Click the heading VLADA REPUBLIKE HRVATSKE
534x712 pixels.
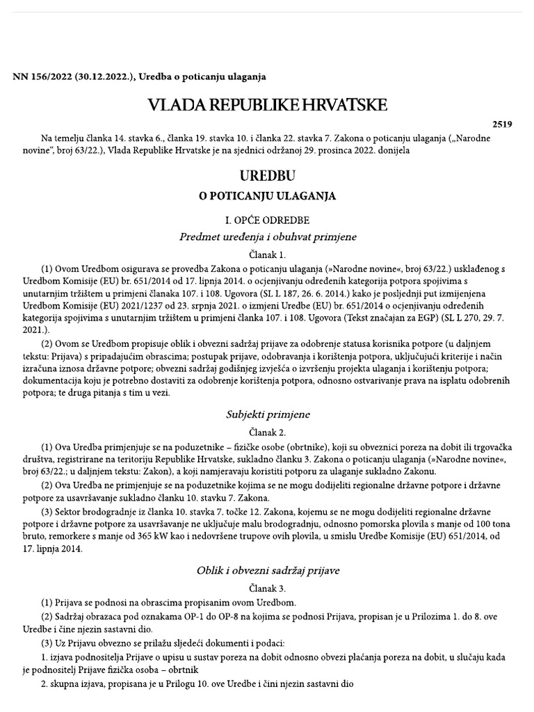(267, 105)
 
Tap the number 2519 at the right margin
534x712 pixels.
(502, 125)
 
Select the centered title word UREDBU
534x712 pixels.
(267, 173)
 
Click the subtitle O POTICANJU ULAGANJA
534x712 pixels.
(267, 196)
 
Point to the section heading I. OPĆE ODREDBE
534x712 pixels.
(267, 220)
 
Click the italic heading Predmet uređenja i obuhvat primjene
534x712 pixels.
(267, 237)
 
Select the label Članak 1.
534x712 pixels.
(267, 255)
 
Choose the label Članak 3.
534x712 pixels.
(267, 588)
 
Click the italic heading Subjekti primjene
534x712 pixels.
(267, 414)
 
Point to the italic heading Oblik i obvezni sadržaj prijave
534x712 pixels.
(267, 570)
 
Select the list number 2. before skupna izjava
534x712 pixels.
(47, 683)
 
